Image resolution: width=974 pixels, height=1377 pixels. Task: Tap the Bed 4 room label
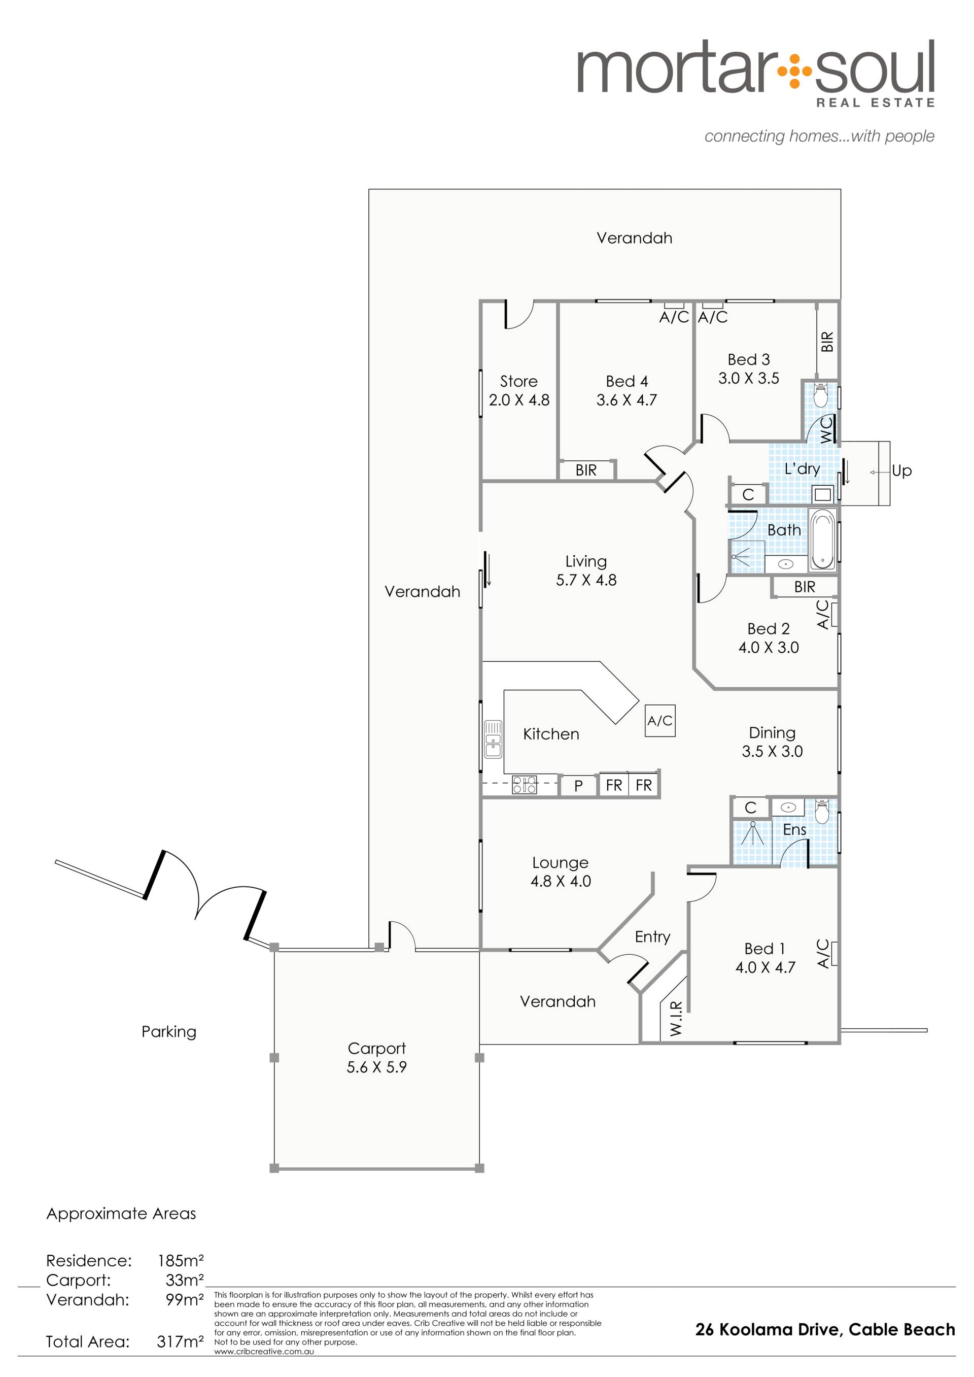(x=627, y=381)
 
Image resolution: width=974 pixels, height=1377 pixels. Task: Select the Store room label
(x=519, y=381)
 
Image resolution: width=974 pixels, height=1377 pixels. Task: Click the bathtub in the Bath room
(x=822, y=540)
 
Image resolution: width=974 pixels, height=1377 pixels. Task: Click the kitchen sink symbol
(x=493, y=738)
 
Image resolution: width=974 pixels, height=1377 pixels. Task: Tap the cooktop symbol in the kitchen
(x=524, y=785)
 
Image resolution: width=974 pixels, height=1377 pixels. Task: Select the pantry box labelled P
(x=578, y=785)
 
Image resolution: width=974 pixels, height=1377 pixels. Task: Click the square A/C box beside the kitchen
(x=659, y=721)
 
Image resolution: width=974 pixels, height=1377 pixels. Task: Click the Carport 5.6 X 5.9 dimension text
(x=376, y=1067)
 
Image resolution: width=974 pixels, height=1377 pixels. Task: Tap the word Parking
(x=168, y=1032)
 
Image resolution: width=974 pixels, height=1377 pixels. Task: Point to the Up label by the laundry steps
(x=901, y=471)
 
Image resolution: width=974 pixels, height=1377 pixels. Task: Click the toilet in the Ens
(x=822, y=811)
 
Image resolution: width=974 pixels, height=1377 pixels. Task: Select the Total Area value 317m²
(x=180, y=1341)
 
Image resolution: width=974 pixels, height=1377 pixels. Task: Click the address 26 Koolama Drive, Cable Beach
(x=825, y=1330)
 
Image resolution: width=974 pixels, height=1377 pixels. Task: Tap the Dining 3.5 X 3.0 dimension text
(x=773, y=751)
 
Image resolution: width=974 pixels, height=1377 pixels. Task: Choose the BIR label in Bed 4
(x=586, y=471)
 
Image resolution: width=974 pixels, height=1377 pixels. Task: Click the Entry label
(x=652, y=937)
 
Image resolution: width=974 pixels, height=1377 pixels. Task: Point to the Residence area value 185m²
(x=181, y=1261)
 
